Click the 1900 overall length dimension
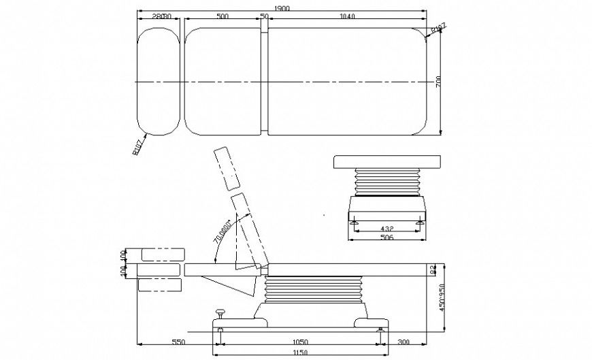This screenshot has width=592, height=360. pyautogui.click(x=282, y=7)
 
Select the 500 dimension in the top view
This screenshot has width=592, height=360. pyautogui.click(x=222, y=16)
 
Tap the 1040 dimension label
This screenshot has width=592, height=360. pyautogui.click(x=346, y=16)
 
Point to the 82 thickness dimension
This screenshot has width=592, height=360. pyautogui.click(x=433, y=270)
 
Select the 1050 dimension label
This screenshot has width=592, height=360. pyautogui.click(x=300, y=343)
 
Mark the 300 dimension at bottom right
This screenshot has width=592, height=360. pyautogui.click(x=403, y=343)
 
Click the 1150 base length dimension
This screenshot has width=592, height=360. pyautogui.click(x=300, y=353)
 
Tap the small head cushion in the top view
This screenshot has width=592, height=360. pyautogui.click(x=159, y=81)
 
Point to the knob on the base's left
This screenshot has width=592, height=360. pyautogui.click(x=220, y=312)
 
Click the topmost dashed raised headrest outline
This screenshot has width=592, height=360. pyautogui.click(x=227, y=168)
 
